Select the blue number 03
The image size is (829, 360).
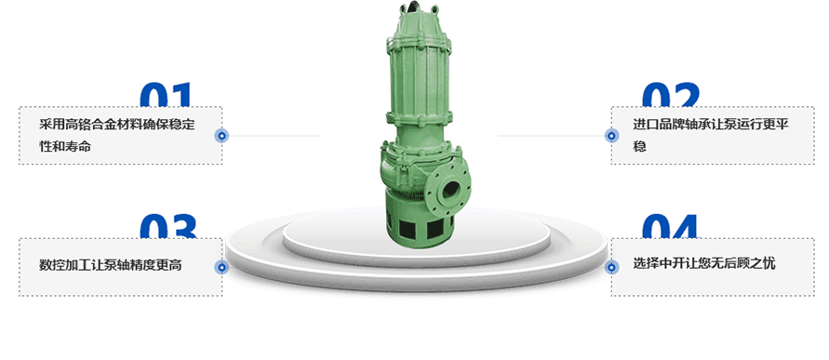(x=168, y=227)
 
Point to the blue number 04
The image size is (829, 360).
(x=670, y=227)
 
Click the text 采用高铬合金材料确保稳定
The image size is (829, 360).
(x=117, y=125)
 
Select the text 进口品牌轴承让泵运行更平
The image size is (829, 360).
(x=711, y=125)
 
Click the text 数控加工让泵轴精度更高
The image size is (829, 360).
(x=111, y=265)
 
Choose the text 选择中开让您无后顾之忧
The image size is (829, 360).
(x=704, y=262)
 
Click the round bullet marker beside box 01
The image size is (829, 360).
(x=222, y=136)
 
